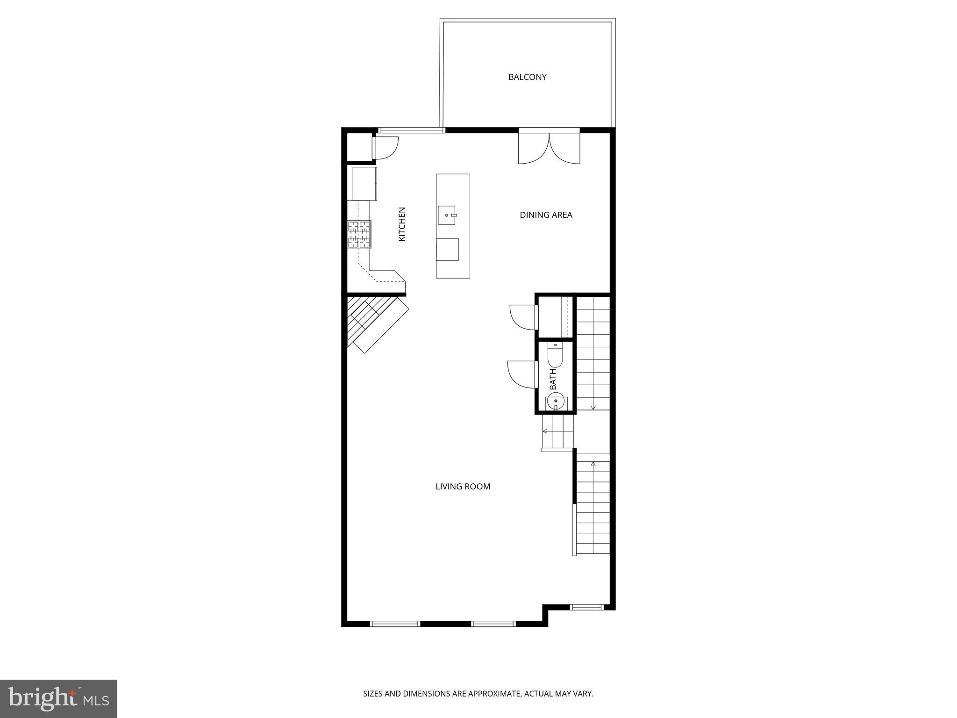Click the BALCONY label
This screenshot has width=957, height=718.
pyautogui.click(x=527, y=77)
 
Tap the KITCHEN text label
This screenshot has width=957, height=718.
pyautogui.click(x=402, y=224)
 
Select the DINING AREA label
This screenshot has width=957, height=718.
pyautogui.click(x=546, y=215)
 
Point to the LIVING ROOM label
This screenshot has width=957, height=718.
pyautogui.click(x=463, y=487)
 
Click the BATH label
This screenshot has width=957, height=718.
pyautogui.click(x=553, y=379)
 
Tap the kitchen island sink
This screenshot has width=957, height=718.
pyautogui.click(x=447, y=215)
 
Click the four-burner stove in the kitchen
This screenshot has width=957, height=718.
pyautogui.click(x=359, y=234)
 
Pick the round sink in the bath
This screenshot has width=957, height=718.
pyautogui.click(x=556, y=401)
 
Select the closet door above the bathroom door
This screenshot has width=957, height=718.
pyautogui.click(x=522, y=317)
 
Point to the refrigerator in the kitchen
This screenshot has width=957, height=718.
pyautogui.click(x=364, y=184)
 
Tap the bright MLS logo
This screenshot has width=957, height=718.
pyautogui.click(x=58, y=698)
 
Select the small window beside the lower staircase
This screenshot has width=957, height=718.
pyautogui.click(x=587, y=607)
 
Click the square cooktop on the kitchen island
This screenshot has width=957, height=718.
pyautogui.click(x=447, y=249)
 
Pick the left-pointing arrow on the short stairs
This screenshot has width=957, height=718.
pyautogui.click(x=545, y=431)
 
